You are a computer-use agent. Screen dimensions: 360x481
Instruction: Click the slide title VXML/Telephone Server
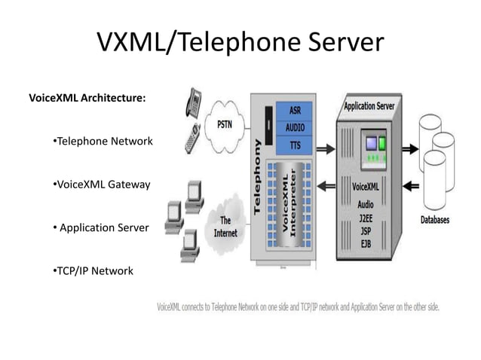click(240, 43)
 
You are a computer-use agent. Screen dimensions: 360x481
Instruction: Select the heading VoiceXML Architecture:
click(87, 98)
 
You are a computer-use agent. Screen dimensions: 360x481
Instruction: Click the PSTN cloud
click(225, 124)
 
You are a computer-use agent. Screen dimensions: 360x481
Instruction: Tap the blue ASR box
click(296, 110)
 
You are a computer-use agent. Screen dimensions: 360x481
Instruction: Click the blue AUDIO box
click(296, 127)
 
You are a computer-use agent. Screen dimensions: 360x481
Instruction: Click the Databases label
click(434, 220)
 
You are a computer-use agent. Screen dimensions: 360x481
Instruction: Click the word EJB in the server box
click(366, 245)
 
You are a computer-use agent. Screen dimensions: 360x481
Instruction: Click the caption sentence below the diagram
click(298, 307)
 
